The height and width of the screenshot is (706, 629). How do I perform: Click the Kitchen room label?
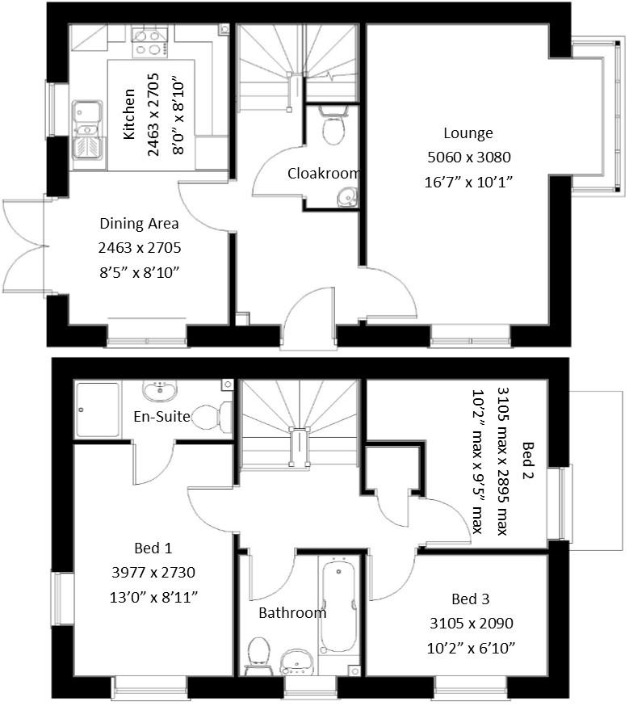pos(129,114)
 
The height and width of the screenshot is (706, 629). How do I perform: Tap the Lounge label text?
pos(468,133)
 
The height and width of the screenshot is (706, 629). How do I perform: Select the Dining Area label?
pos(139,223)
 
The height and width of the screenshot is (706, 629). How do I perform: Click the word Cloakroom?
pos(324,174)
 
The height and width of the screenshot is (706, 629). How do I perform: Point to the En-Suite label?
pos(162,417)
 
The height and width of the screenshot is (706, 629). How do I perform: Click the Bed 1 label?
pos(153,548)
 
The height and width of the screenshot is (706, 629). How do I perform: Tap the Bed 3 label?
pos(471,599)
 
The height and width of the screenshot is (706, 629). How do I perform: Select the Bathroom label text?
pos(292,613)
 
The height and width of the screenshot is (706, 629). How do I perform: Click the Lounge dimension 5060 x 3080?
pos(469,158)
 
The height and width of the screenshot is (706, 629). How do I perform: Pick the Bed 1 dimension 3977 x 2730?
pos(153,572)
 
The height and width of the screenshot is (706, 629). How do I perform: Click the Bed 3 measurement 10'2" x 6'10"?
pos(471,648)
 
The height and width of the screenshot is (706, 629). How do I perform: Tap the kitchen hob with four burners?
pos(150,42)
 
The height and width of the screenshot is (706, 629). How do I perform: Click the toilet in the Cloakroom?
pos(333,124)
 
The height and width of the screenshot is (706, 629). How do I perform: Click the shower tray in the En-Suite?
pos(98,410)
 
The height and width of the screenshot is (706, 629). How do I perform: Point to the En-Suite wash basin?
pos(159,392)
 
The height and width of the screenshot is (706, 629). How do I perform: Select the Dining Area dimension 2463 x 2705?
pos(140,248)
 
